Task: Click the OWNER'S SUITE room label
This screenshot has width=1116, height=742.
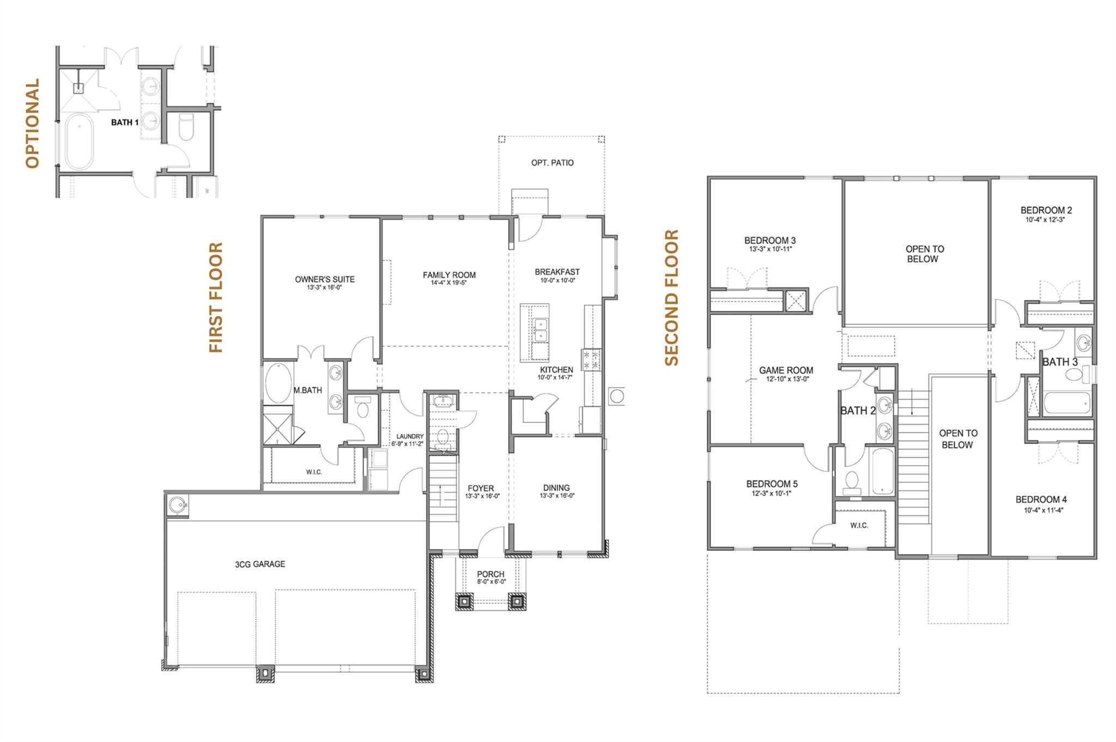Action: click(325, 279)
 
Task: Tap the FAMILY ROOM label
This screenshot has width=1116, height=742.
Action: click(449, 275)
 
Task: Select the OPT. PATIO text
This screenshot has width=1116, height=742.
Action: click(552, 163)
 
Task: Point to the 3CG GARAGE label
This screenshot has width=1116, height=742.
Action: click(260, 564)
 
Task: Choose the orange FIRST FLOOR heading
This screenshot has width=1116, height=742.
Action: click(216, 297)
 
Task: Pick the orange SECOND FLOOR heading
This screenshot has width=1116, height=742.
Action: click(671, 297)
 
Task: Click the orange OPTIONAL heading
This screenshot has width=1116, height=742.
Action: click(33, 123)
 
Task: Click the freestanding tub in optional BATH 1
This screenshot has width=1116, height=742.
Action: click(79, 143)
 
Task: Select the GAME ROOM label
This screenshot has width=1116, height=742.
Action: click(786, 370)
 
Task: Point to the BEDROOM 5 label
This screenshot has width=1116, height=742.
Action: click(772, 483)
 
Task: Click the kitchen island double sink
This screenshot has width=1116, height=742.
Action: click(540, 330)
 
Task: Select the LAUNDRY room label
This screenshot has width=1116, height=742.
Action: click(410, 436)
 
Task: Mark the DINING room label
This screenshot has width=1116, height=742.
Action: click(556, 488)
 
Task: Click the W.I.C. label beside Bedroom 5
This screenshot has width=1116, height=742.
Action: click(859, 525)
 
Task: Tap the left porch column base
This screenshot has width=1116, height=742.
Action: click(464, 602)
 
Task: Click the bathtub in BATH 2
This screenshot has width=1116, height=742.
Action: click(882, 471)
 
